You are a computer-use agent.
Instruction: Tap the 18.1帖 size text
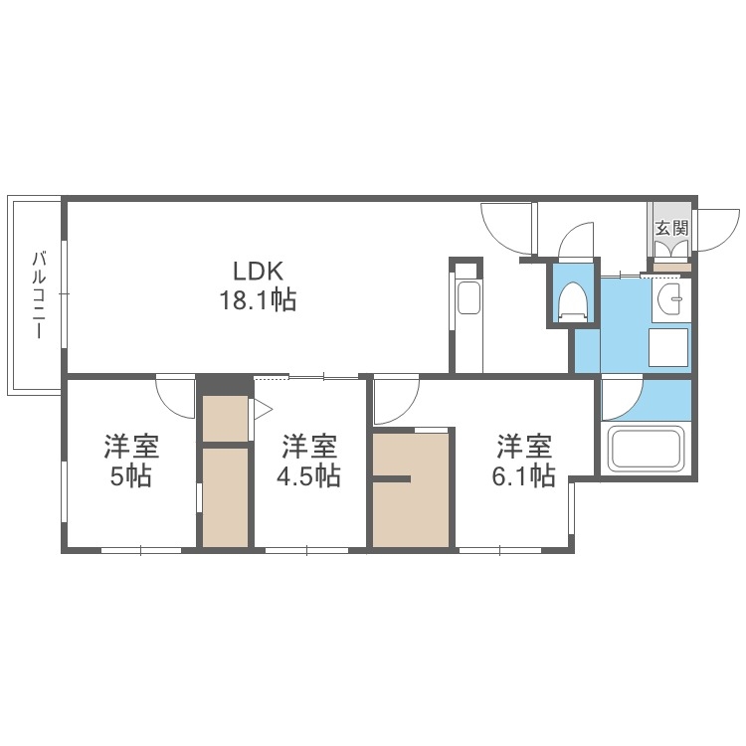tap(259, 299)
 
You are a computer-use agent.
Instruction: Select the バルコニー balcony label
tap(39, 295)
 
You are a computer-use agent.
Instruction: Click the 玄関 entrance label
tap(671, 227)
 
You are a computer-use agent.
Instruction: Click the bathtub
tap(647, 449)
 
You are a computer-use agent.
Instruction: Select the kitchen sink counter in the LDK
tap(466, 298)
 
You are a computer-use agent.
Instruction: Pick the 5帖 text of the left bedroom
tap(131, 475)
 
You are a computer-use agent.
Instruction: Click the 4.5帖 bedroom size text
tap(308, 475)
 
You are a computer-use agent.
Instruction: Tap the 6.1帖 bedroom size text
tap(524, 475)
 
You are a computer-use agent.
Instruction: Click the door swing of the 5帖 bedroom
tap(177, 396)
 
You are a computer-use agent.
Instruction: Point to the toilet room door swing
tap(575, 242)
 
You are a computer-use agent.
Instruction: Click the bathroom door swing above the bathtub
tap(620, 398)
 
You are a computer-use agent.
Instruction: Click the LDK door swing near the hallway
tap(507, 227)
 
